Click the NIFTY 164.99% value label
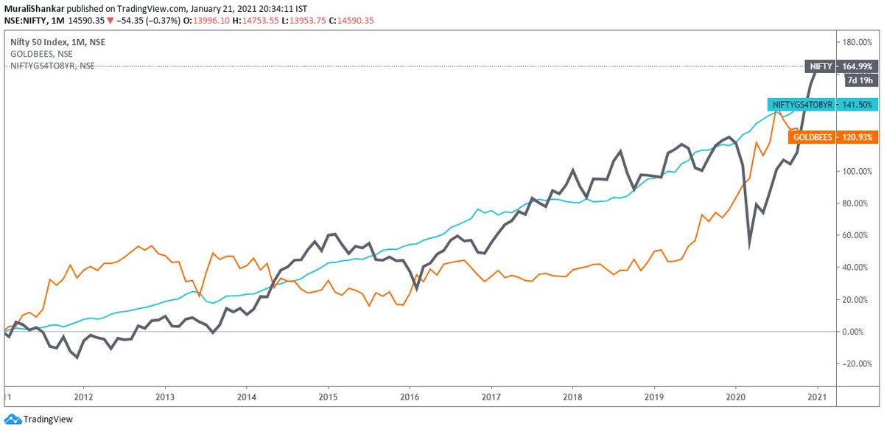click(857, 66)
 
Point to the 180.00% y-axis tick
click(857, 41)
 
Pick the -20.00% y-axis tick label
click(857, 364)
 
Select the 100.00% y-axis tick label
click(857, 170)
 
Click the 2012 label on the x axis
click(83, 396)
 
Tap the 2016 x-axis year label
click(410, 396)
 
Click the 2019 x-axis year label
click(654, 396)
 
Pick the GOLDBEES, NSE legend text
click(41, 54)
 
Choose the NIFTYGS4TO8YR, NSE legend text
click(52, 66)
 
